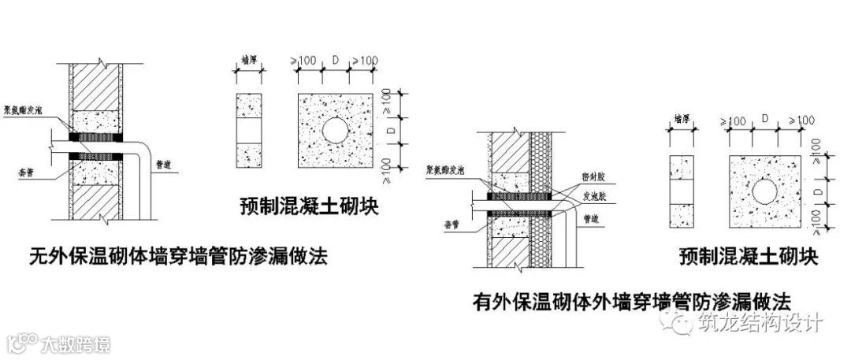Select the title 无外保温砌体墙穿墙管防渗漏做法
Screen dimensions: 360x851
click(x=177, y=256)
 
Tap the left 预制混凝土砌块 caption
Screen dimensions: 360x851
click(x=310, y=207)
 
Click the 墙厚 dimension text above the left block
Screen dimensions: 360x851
click(x=250, y=61)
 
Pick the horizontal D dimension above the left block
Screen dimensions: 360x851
click(x=336, y=60)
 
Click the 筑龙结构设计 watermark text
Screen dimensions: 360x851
click(x=760, y=323)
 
